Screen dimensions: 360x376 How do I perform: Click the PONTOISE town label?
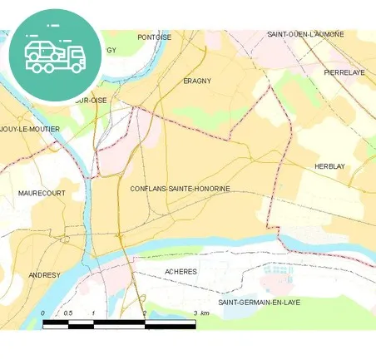(154, 37)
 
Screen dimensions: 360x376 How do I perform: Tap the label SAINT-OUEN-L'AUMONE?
(305, 34)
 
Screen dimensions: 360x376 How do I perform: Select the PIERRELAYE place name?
(344, 73)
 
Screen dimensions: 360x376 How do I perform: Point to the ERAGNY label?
(197, 81)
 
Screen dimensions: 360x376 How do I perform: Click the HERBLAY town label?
(329, 166)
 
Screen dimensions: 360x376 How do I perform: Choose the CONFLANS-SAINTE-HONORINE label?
(180, 189)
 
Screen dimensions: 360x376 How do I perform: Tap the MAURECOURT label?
(42, 193)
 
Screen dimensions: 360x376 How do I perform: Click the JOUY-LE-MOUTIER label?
(29, 130)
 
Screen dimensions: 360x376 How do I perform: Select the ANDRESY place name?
(44, 274)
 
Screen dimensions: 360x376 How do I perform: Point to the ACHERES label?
(181, 272)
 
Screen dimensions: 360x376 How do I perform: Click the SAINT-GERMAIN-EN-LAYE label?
(259, 303)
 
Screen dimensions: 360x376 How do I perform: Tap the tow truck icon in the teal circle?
(55, 56)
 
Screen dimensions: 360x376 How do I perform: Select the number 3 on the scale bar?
(195, 313)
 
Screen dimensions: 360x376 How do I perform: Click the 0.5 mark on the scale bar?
(68, 313)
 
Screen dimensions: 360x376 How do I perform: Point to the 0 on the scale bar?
(43, 313)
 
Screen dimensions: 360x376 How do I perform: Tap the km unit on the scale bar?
(205, 313)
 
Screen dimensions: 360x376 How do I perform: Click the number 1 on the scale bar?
(94, 313)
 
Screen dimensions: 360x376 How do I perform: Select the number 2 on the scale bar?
(145, 313)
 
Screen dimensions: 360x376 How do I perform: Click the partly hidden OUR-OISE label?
(93, 100)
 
